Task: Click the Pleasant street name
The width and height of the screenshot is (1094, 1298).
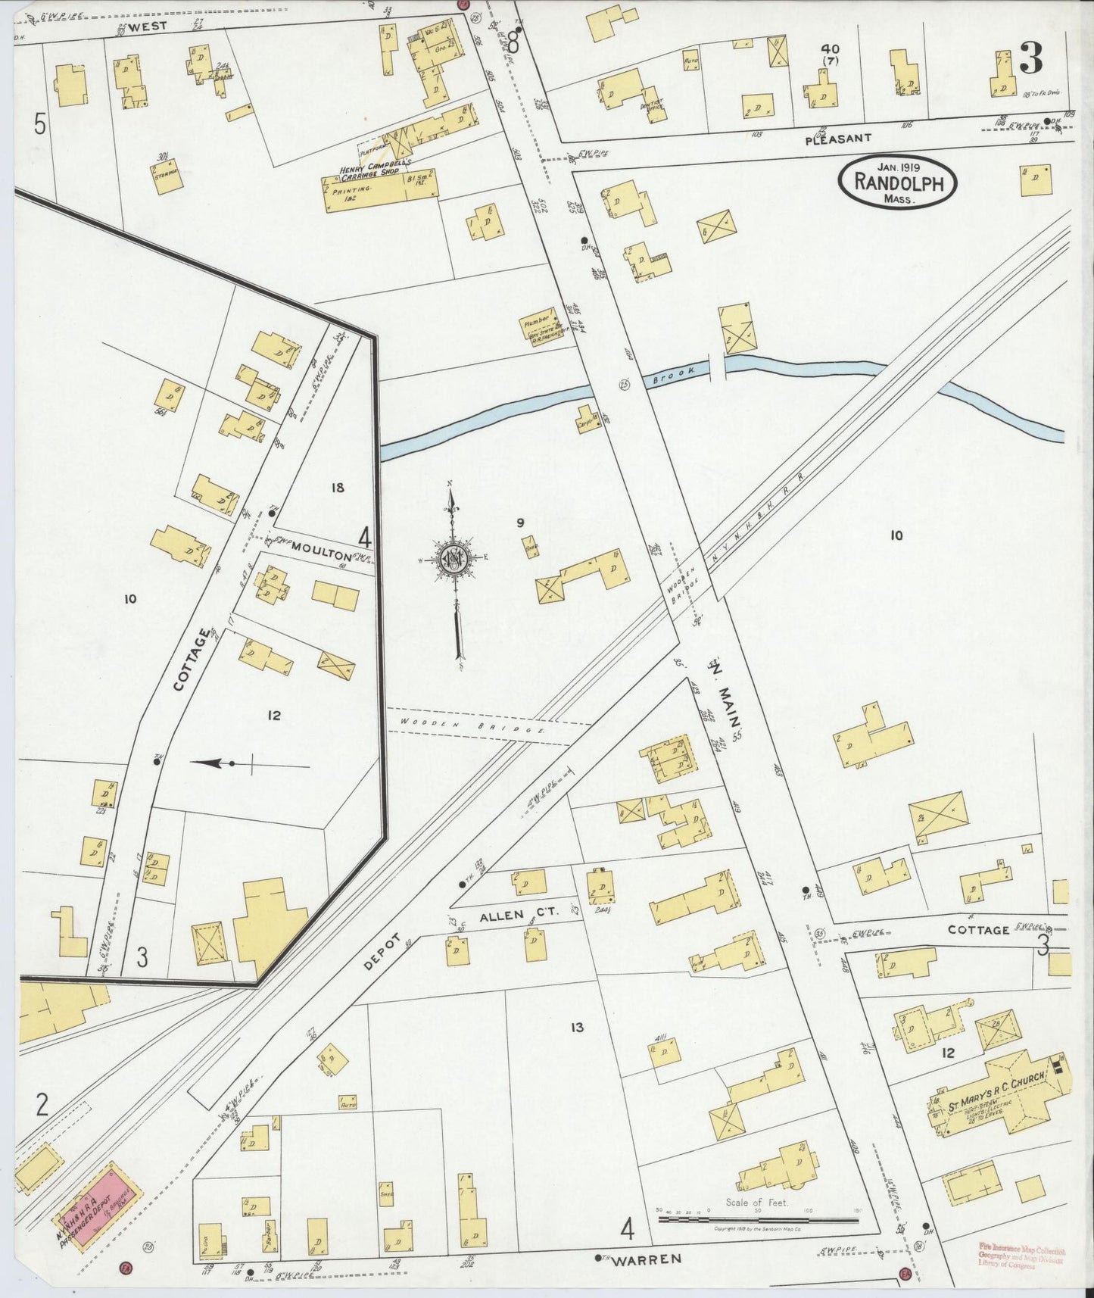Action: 838,139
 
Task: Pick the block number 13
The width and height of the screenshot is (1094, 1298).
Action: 577,1028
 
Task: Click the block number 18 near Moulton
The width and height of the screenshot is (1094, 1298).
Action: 337,488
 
